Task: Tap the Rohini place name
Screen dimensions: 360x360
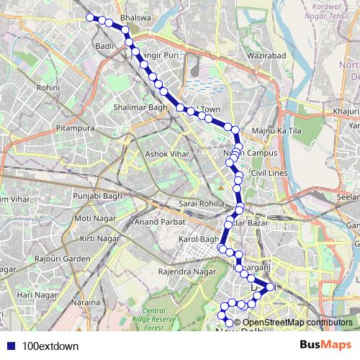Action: (48, 87)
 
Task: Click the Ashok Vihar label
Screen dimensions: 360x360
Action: (166, 154)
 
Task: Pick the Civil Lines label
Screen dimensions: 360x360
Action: (270, 174)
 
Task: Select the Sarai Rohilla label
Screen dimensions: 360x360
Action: (202, 204)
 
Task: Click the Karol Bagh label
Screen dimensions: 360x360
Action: (198, 238)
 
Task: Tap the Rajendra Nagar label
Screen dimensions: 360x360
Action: (187, 271)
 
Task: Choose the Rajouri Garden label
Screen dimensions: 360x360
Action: (66, 258)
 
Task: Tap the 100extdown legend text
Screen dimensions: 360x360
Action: (50, 346)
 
